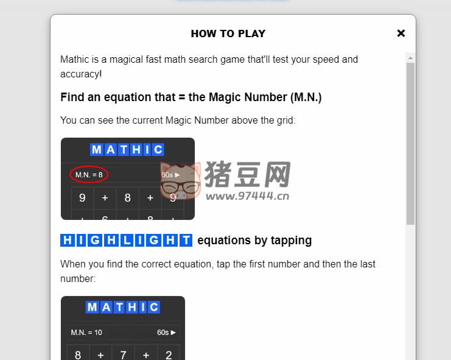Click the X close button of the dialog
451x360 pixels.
point(400,34)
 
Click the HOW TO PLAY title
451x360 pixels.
point(228,34)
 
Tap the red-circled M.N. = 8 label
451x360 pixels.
point(89,175)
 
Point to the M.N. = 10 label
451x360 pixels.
point(86,333)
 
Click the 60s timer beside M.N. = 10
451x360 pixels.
point(166,333)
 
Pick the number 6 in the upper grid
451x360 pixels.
point(105,217)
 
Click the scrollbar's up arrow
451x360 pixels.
point(410,58)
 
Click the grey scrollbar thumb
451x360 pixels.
point(410,140)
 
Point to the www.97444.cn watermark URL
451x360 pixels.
point(246,196)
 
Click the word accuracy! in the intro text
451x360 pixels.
point(81,74)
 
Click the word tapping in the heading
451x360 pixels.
point(292,241)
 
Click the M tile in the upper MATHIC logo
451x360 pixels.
point(96,150)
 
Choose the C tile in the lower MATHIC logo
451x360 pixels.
point(153,307)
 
